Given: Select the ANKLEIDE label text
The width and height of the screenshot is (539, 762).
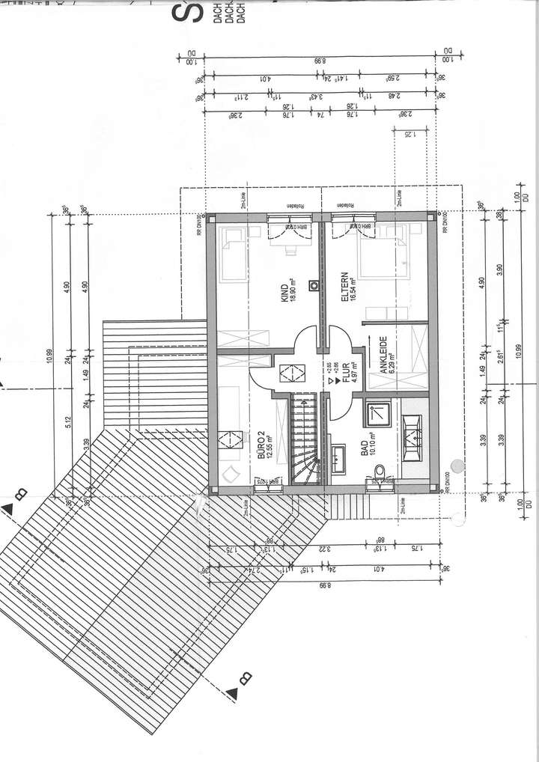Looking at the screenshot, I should coord(383,356).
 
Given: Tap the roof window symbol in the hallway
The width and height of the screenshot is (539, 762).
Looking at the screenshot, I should coord(289,371).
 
